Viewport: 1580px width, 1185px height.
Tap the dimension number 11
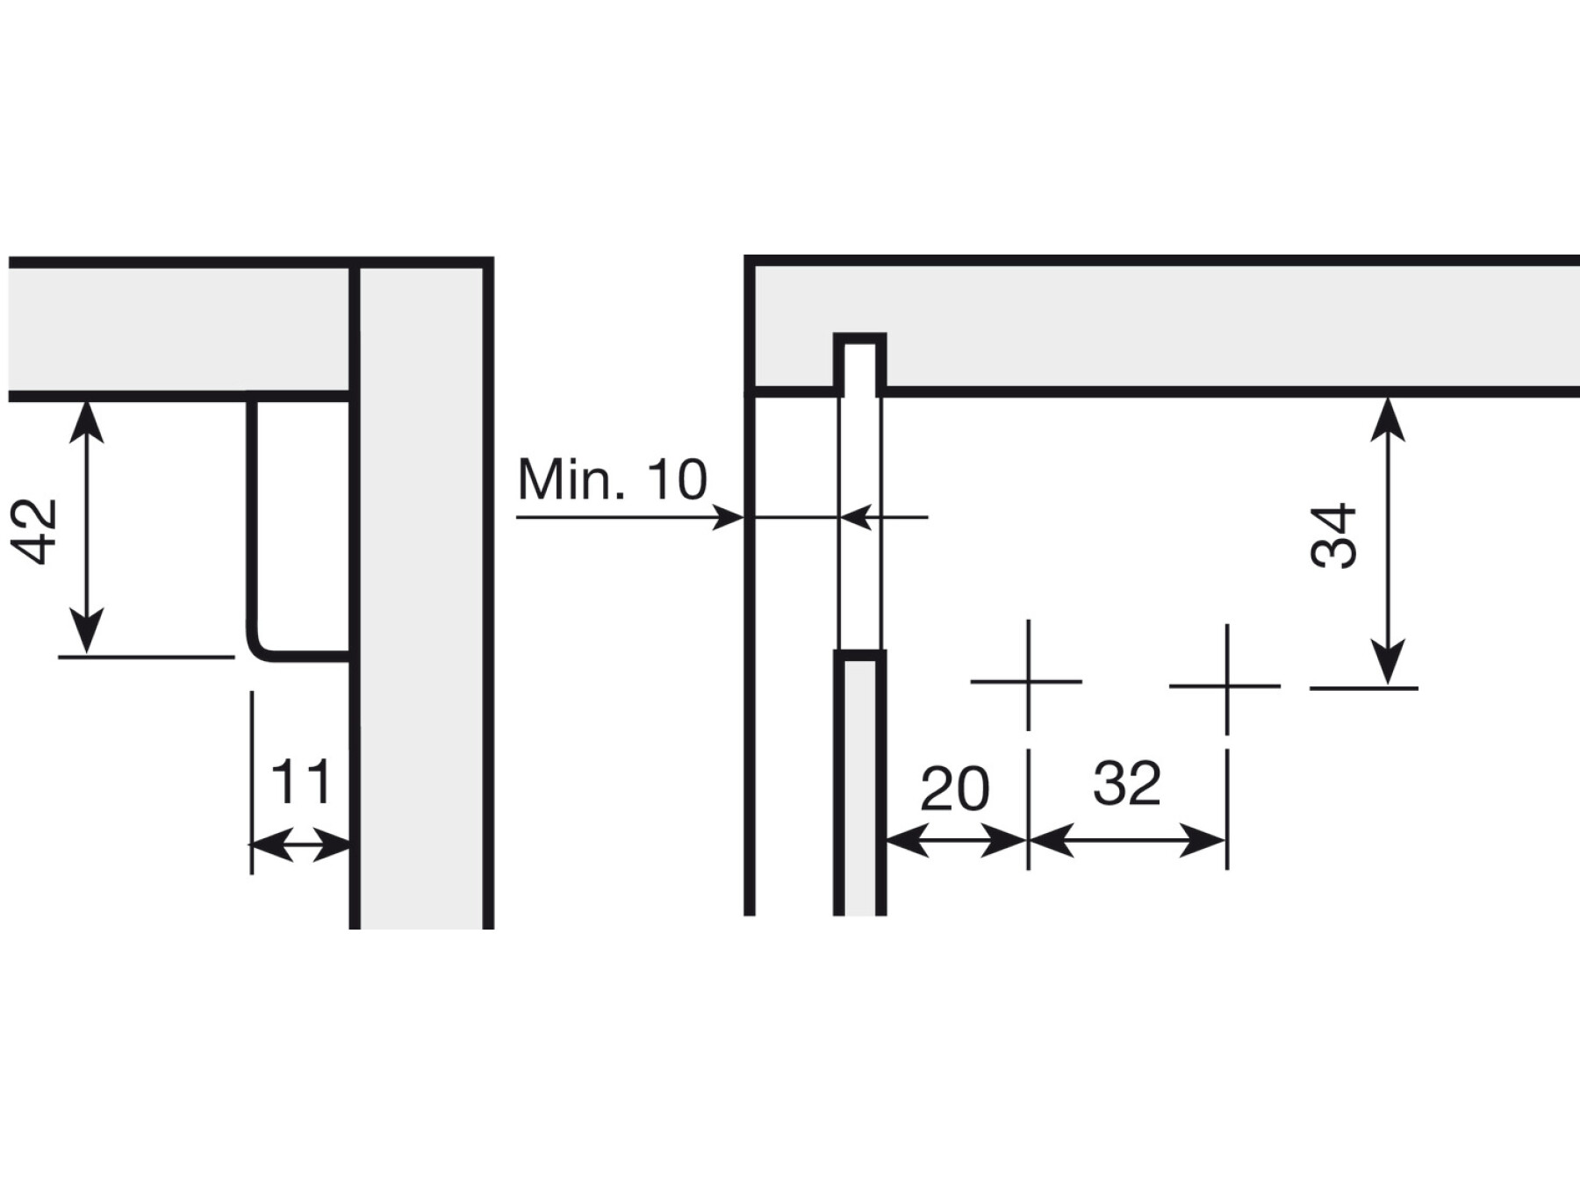[301, 782]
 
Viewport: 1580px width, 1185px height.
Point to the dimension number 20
[955, 788]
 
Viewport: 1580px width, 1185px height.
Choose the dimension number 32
[1127, 782]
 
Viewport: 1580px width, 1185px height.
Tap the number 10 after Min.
[676, 479]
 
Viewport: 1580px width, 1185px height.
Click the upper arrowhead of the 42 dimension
[86, 420]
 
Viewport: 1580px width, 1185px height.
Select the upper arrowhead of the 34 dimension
[1387, 419]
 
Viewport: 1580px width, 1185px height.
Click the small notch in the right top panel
[859, 363]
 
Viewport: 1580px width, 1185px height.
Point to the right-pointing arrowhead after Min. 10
[728, 518]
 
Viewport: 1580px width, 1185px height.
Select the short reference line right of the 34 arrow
[1363, 688]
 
